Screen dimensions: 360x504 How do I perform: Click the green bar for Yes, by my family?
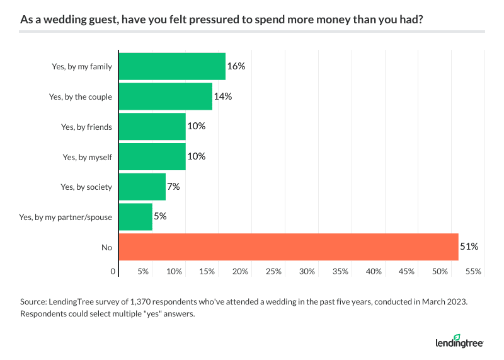pyautogui.click(x=172, y=66)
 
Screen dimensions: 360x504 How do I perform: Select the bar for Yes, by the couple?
pyautogui.click(x=165, y=96)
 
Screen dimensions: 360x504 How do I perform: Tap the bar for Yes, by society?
pyautogui.click(x=142, y=187)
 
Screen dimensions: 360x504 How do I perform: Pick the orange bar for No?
pyautogui.click(x=288, y=247)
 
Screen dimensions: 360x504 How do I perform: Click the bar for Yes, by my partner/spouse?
pyautogui.click(x=135, y=217)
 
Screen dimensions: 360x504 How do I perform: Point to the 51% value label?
pyautogui.click(x=469, y=247)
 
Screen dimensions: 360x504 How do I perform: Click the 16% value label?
pyautogui.click(x=236, y=66)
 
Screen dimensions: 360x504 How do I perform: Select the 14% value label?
pyautogui.click(x=223, y=96)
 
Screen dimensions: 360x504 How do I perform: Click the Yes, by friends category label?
pyautogui.click(x=86, y=127)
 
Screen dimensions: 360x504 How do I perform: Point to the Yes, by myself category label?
pyautogui.click(x=86, y=157)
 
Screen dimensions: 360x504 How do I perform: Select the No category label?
pyautogui.click(x=106, y=248)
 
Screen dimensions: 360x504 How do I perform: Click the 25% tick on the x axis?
pyautogui.click(x=273, y=272)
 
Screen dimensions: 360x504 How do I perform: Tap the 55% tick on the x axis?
pyautogui.click(x=473, y=272)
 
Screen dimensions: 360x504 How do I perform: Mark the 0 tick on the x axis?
pyautogui.click(x=113, y=272)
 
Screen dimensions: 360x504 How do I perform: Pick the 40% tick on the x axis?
pyautogui.click(x=374, y=272)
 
